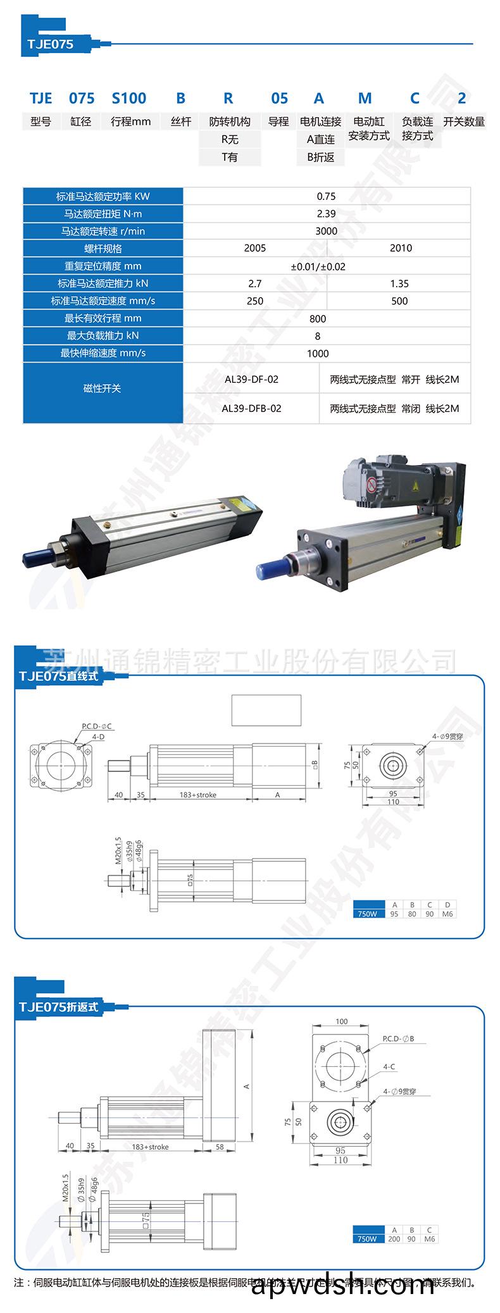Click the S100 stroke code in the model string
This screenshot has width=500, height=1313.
[129, 98]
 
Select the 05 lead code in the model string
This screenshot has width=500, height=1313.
[279, 98]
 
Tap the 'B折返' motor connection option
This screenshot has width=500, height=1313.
[321, 157]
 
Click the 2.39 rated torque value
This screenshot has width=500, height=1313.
[326, 214]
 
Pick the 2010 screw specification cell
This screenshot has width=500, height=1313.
[401, 248]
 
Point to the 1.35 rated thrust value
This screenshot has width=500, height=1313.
[399, 283]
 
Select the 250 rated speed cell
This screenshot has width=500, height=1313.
[255, 301]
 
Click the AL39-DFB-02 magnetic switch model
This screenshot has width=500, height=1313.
[251, 409]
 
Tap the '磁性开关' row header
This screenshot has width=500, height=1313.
[102, 389]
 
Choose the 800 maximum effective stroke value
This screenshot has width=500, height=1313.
[318, 319]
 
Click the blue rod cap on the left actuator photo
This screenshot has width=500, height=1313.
[32, 557]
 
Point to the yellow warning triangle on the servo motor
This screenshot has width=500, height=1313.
[415, 486]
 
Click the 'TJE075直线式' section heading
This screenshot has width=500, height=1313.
[59, 676]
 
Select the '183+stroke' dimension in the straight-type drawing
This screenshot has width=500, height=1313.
[197, 795]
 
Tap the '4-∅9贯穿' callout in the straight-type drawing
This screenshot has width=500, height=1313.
[448, 737]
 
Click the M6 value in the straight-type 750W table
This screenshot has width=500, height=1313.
[447, 914]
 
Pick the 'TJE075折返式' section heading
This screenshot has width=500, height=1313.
[59, 1007]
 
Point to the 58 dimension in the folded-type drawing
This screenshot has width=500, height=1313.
[220, 1146]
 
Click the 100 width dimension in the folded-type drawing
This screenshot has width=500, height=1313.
[342, 1021]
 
